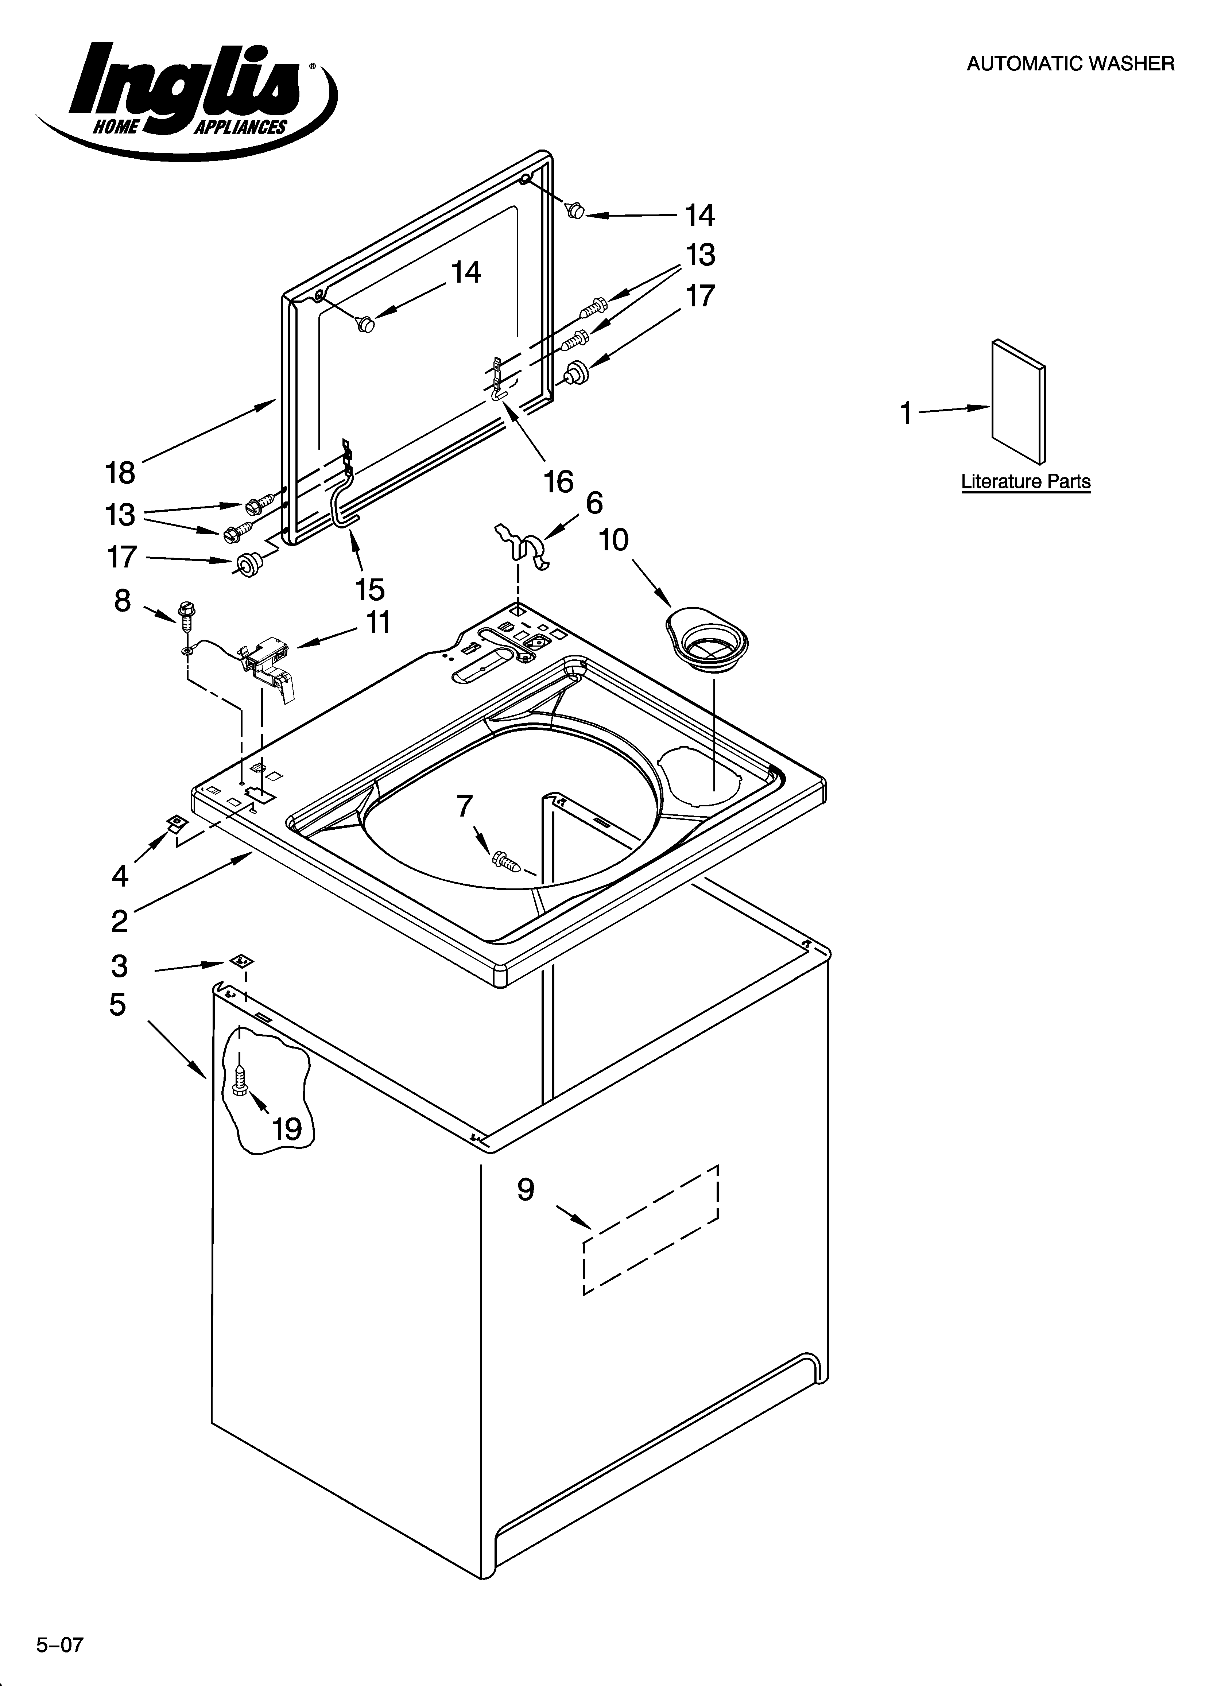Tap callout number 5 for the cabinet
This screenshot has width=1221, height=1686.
[x=117, y=1005]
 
